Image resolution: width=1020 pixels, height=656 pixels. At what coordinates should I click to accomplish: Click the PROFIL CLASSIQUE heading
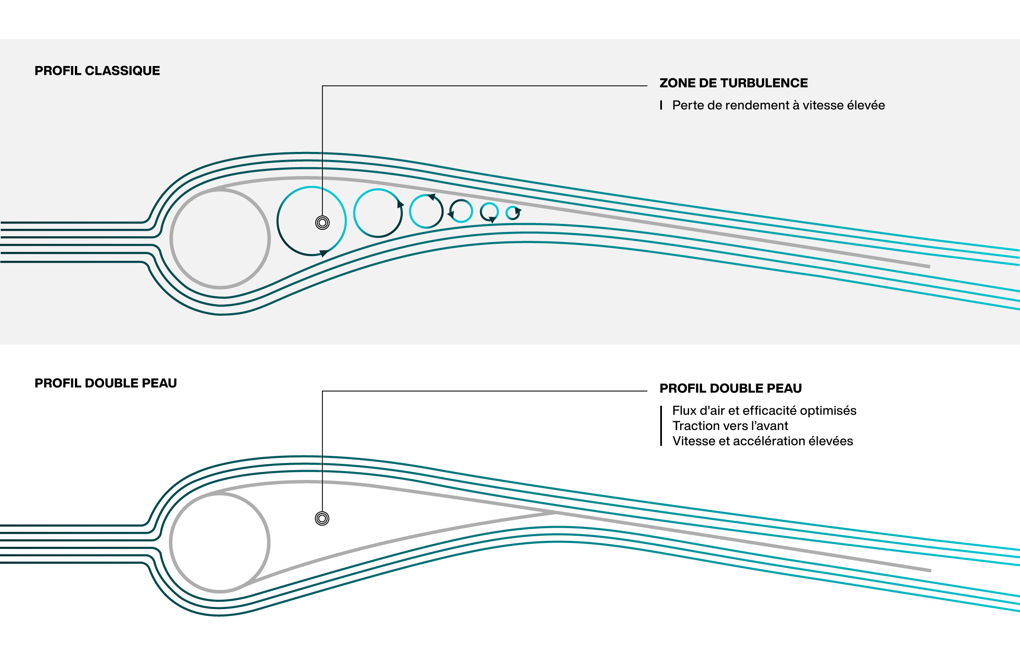pyautogui.click(x=97, y=71)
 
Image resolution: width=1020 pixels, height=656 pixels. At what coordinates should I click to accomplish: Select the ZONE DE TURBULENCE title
pyautogui.click(x=733, y=83)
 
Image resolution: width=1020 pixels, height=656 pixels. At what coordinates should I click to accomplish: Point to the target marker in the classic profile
pyautogui.click(x=323, y=222)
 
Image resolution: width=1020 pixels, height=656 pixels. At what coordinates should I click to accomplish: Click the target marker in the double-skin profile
pyautogui.click(x=322, y=518)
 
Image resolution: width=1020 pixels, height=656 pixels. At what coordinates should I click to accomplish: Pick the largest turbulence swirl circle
pyautogui.click(x=312, y=221)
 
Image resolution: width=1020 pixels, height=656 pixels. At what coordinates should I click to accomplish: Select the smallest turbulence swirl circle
pyautogui.click(x=513, y=213)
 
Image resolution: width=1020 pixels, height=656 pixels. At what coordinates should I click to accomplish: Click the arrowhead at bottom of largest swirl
pyautogui.click(x=324, y=253)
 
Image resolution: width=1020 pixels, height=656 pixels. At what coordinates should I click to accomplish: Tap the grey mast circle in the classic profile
pyautogui.click(x=220, y=239)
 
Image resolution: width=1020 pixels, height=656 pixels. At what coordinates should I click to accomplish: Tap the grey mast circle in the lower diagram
pyautogui.click(x=220, y=543)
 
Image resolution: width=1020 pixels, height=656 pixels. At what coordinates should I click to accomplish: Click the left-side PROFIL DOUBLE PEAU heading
pyautogui.click(x=106, y=383)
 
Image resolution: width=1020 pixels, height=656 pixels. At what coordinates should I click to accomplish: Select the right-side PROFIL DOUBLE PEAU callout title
pyautogui.click(x=731, y=389)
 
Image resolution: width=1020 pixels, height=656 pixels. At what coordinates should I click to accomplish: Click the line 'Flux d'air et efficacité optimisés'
pyautogui.click(x=764, y=411)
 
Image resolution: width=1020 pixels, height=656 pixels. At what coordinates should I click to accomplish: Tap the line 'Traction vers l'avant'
pyautogui.click(x=730, y=426)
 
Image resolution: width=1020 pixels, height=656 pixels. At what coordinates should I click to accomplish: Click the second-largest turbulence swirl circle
pyautogui.click(x=378, y=213)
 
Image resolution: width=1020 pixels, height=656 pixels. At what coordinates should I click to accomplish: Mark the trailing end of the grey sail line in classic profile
pyautogui.click(x=929, y=267)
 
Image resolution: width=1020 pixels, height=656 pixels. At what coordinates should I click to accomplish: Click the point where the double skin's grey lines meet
pyautogui.click(x=556, y=513)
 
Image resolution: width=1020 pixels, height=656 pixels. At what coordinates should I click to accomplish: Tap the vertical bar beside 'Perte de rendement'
pyautogui.click(x=661, y=105)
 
